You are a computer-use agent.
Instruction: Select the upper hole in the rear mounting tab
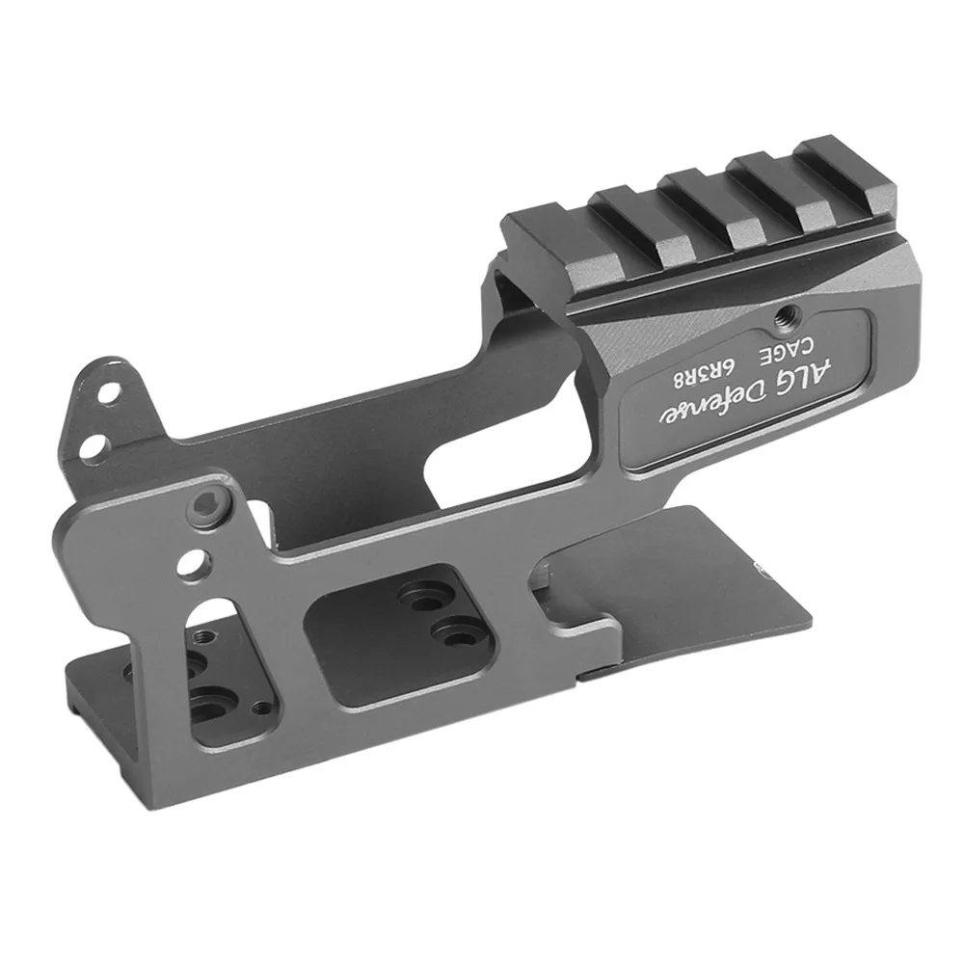(x=114, y=393)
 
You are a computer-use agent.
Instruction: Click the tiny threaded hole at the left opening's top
(x=205, y=638)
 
